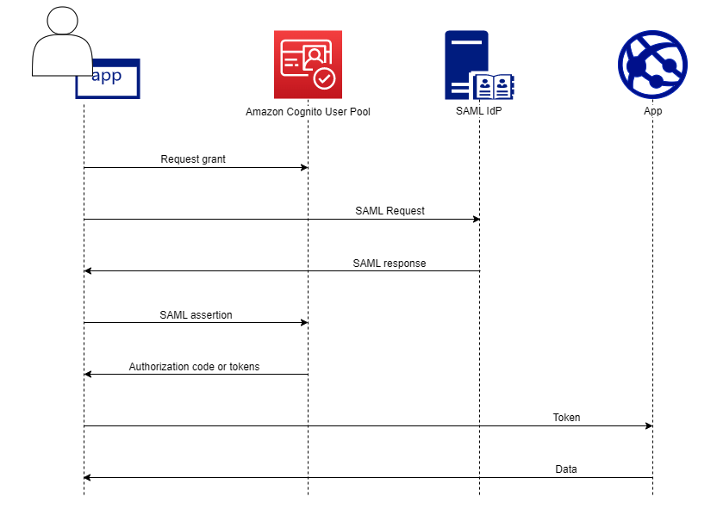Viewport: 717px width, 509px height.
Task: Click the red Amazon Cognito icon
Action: (308, 65)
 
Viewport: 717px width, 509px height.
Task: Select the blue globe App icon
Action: (652, 65)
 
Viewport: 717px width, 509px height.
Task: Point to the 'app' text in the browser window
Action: (107, 76)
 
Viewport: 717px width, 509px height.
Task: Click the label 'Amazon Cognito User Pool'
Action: (308, 112)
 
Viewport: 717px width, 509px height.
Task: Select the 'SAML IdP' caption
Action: (478, 112)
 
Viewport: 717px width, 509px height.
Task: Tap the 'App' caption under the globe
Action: (652, 112)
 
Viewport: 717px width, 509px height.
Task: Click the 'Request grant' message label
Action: (193, 159)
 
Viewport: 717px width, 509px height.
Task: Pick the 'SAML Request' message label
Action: (390, 211)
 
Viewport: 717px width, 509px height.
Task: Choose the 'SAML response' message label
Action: (389, 263)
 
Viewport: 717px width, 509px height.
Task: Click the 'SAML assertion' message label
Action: (196, 315)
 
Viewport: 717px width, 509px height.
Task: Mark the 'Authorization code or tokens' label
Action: (194, 367)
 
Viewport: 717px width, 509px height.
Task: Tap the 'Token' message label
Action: (566, 418)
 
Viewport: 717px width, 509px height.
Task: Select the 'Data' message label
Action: (566, 469)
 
